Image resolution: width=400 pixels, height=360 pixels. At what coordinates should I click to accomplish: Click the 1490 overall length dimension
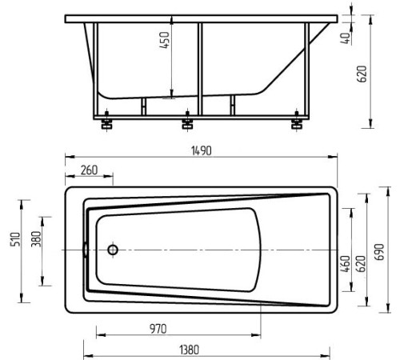tap(202, 151)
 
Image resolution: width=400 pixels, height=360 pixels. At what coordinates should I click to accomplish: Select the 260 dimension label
tap(89, 170)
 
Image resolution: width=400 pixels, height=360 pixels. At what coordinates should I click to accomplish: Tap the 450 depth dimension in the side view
tap(164, 40)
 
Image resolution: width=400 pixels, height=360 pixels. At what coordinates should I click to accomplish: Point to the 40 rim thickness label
tap(346, 38)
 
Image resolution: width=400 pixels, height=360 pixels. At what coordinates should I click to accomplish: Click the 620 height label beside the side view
tap(362, 74)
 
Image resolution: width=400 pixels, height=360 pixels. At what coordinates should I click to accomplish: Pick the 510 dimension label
tap(15, 239)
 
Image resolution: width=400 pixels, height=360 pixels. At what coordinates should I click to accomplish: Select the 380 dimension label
tap(36, 239)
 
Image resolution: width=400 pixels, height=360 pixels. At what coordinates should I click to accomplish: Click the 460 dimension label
tap(346, 264)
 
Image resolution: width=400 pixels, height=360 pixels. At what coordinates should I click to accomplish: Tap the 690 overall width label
tap(379, 252)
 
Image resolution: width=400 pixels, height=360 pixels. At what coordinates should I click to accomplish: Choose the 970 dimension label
tap(158, 329)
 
